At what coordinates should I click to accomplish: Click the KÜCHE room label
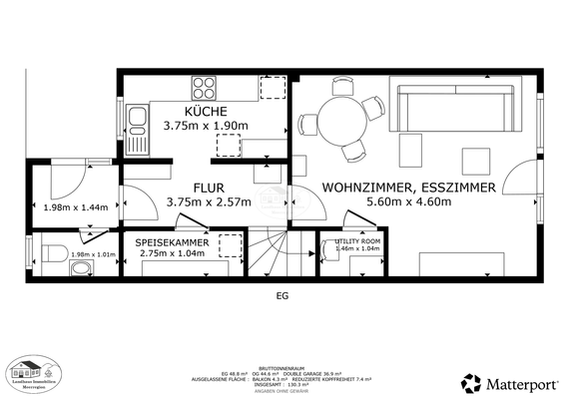click(206, 110)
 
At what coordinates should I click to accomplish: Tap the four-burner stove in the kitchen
click(206, 86)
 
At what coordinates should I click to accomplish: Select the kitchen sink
click(137, 124)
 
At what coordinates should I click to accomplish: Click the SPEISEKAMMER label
click(173, 241)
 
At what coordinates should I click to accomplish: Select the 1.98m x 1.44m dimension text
click(77, 207)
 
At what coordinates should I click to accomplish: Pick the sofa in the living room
click(455, 107)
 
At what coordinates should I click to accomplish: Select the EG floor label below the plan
click(281, 295)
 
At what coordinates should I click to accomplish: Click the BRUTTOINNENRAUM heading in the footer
click(282, 366)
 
